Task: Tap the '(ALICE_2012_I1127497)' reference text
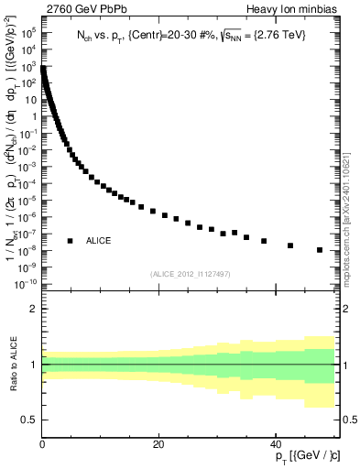189,273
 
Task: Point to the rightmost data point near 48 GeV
320,250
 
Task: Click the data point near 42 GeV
290,245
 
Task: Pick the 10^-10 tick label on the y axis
27,284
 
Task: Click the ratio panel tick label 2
34,310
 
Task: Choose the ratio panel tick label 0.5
30,420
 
